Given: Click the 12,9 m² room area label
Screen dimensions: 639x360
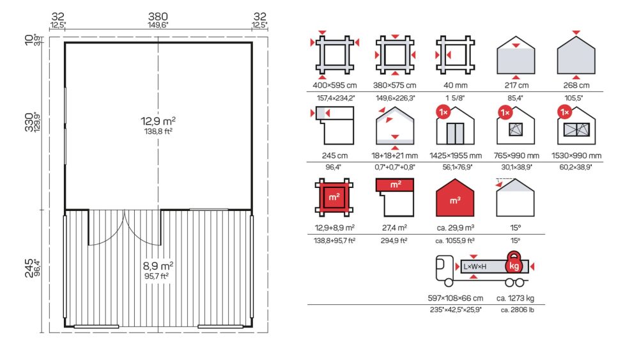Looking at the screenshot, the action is [x=158, y=121].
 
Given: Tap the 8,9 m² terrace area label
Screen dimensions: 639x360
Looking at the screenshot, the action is [x=158, y=266].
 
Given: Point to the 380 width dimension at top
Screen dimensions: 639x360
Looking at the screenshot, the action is [x=158, y=17].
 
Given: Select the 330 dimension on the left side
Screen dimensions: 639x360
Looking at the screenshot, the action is [x=29, y=122].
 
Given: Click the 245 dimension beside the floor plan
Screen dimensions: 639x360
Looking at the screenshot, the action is [x=29, y=268].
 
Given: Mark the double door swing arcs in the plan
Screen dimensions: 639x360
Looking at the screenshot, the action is [x=125, y=228].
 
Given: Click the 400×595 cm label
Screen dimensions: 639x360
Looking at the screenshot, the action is [x=335, y=86].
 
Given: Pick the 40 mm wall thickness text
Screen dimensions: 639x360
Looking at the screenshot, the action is [x=455, y=86].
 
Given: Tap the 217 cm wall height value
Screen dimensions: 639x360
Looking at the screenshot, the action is [x=516, y=86].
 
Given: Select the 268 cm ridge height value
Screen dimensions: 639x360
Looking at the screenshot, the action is [x=576, y=86].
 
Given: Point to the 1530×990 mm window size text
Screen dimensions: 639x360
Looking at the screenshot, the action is [x=576, y=156].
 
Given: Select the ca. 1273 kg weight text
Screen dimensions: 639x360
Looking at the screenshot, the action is [x=515, y=299].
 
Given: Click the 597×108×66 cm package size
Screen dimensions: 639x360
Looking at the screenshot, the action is [x=455, y=299].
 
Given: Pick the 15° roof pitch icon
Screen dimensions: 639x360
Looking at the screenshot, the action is [x=515, y=198].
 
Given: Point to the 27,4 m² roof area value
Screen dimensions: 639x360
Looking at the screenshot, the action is [x=394, y=228].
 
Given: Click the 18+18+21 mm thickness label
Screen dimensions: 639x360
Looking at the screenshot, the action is [x=394, y=156].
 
